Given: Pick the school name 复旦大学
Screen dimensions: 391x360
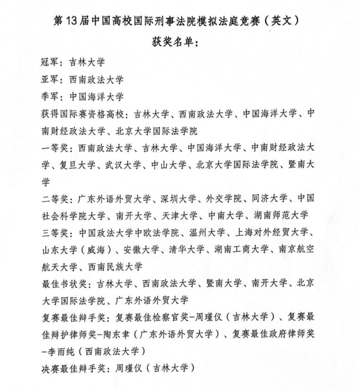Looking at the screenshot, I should (x=77, y=165).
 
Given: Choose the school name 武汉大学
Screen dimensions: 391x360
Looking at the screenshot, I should (x=123, y=165).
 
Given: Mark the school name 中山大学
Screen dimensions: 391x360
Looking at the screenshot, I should (x=169, y=165).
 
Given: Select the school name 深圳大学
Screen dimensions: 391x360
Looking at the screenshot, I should (x=178, y=199).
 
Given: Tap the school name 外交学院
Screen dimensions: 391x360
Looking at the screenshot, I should (x=224, y=199).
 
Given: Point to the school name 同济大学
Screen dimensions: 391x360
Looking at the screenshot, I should (x=270, y=199).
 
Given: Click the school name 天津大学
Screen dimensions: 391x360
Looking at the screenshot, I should (x=180, y=215).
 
